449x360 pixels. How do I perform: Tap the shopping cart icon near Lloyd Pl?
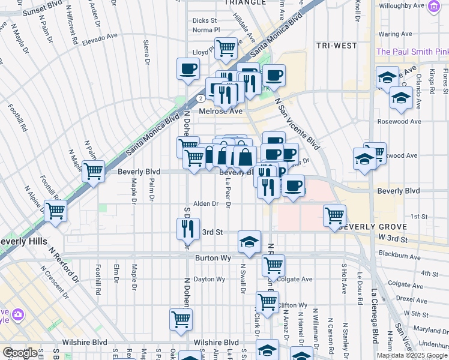[226, 47]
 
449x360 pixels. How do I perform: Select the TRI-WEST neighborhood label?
[336, 46]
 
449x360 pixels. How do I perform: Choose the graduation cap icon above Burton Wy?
[249, 241]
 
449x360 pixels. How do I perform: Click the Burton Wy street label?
[213, 257]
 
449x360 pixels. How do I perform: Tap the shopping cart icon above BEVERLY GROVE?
[334, 215]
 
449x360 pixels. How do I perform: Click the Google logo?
[20, 353]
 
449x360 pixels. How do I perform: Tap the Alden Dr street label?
[206, 204]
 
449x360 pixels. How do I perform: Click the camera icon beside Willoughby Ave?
[433, 7]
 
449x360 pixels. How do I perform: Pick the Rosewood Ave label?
[399, 122]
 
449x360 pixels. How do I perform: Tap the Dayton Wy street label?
[209, 279]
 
